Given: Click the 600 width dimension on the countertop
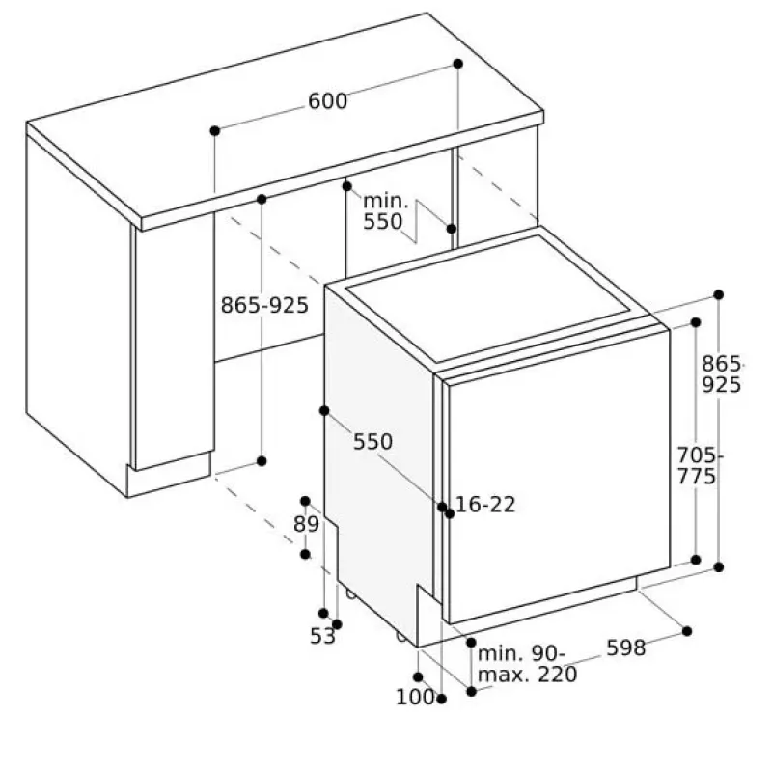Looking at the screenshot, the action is pyautogui.click(x=327, y=101).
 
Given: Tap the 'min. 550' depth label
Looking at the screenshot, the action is pyautogui.click(x=385, y=211).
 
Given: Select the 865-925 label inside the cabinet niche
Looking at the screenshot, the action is pyautogui.click(x=264, y=305).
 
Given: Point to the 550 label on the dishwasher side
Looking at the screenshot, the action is pyautogui.click(x=372, y=442).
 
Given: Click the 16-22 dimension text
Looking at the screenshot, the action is pyautogui.click(x=485, y=504).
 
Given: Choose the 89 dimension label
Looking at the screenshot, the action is pyautogui.click(x=306, y=524).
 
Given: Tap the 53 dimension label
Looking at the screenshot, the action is pyautogui.click(x=322, y=636).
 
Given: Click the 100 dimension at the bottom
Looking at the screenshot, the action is pyautogui.click(x=416, y=697).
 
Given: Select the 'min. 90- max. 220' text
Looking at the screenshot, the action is pyautogui.click(x=527, y=664).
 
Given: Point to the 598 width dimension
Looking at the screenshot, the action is pyautogui.click(x=625, y=648).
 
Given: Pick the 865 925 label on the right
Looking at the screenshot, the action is pyautogui.click(x=722, y=374).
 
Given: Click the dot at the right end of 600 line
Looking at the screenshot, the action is pyautogui.click(x=457, y=64).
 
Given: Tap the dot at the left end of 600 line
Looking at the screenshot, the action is pyautogui.click(x=214, y=131).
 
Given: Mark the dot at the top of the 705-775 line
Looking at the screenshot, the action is pyautogui.click(x=696, y=322).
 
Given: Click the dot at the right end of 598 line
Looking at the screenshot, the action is pyautogui.click(x=687, y=631).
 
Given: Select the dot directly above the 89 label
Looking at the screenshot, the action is pyautogui.click(x=305, y=501).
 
